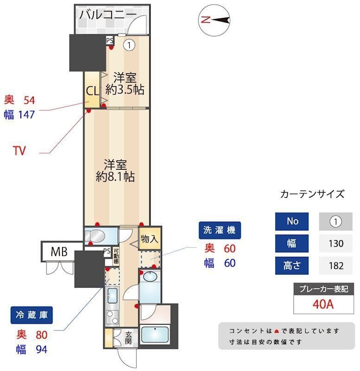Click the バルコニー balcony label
107,14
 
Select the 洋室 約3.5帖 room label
124,83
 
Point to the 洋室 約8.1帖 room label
116,170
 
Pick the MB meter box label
59,252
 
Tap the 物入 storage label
149,239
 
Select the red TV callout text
19,151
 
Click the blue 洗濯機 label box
220,230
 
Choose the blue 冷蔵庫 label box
32,316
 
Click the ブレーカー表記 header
324,288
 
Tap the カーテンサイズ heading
312,194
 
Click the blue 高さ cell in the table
292,266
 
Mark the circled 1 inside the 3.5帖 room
129,45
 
